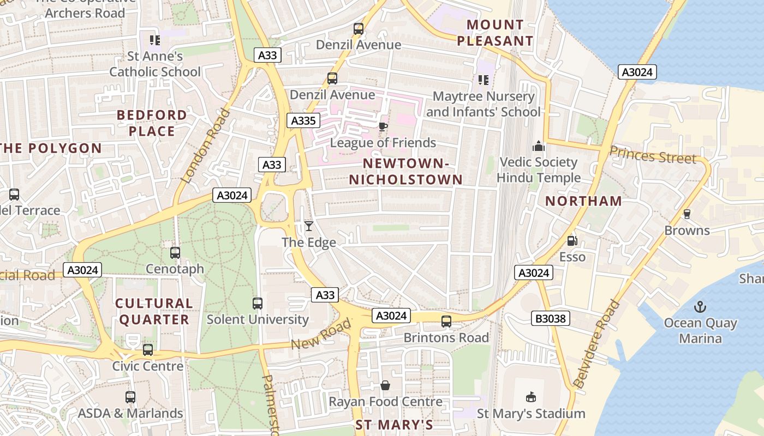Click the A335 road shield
point(302,120)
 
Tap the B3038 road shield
point(551,318)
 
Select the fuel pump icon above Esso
point(572,240)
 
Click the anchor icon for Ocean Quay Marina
point(700,307)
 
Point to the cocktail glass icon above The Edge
point(309,226)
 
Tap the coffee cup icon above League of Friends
point(383,126)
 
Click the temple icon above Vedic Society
point(539,146)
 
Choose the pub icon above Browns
point(687,214)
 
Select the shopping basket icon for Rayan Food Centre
point(385,385)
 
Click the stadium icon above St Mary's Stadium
point(530,397)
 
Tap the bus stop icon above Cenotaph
point(175,253)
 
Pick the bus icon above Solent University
point(257,303)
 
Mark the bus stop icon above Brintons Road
point(446,322)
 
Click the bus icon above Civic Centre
point(148,350)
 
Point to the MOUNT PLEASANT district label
point(495,33)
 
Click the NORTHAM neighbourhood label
point(583,201)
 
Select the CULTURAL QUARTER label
point(154,311)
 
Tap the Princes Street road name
point(653,155)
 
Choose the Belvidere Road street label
point(598,344)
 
